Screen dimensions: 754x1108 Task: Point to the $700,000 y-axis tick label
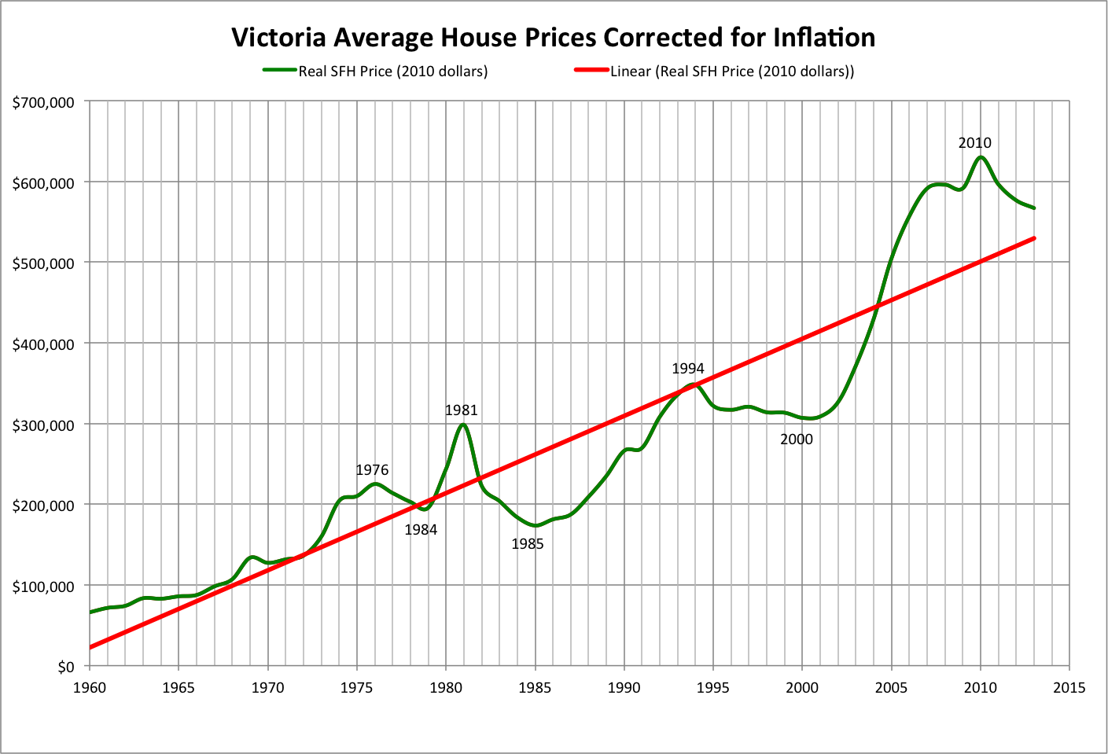[x=43, y=102]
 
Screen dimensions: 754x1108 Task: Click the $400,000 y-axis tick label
[x=43, y=344]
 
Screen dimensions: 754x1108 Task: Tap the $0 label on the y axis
[x=65, y=667]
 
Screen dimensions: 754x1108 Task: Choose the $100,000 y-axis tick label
[x=43, y=587]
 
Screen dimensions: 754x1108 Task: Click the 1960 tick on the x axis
[x=90, y=688]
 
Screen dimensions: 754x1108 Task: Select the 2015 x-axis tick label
[x=1069, y=688]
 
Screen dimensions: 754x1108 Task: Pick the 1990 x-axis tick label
[x=624, y=688]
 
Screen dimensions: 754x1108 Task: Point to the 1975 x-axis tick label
[x=357, y=688]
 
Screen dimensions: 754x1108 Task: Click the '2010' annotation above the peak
[x=974, y=143]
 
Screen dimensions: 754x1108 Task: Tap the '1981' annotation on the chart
[x=461, y=410]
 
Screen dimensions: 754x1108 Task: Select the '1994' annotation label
[x=688, y=369]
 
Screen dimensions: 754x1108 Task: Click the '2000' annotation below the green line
[x=797, y=440]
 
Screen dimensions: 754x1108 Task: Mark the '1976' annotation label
[x=372, y=470]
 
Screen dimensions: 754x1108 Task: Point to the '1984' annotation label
[x=421, y=530]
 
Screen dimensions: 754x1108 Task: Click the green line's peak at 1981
[x=463, y=425]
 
